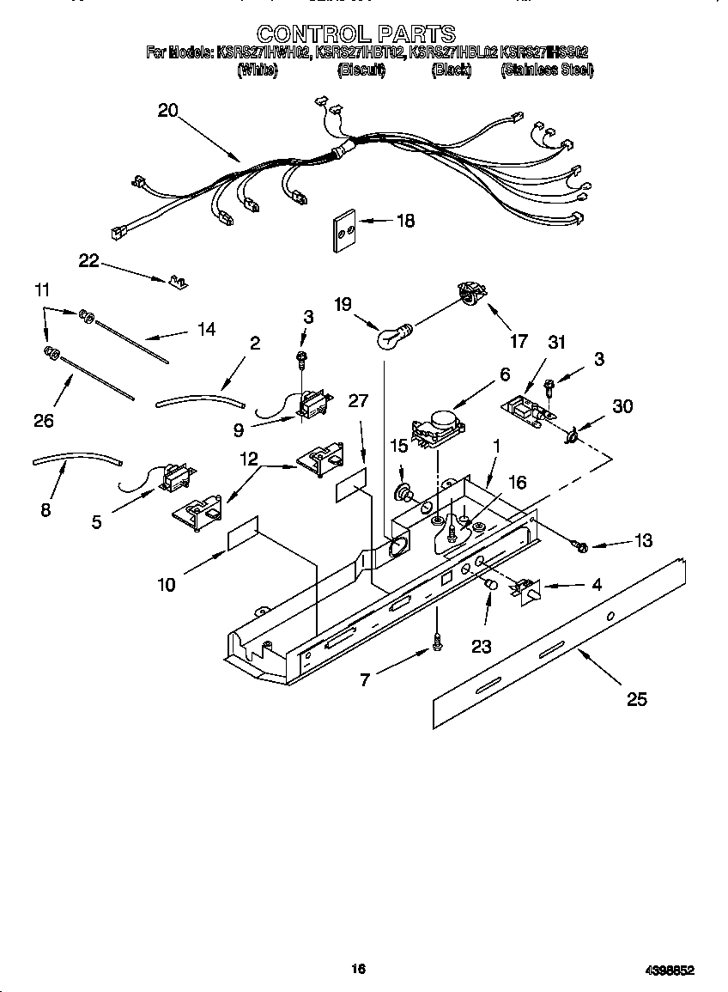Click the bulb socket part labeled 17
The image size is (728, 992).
[468, 294]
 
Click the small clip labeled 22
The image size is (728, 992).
[179, 281]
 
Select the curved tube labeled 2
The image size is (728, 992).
[200, 398]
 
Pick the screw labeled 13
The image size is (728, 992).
[579, 545]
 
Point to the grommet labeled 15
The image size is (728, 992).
[402, 494]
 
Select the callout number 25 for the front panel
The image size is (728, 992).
[636, 699]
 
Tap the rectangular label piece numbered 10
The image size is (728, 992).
[243, 533]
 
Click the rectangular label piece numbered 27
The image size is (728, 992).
[350, 485]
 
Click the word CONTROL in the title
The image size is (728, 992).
[308, 33]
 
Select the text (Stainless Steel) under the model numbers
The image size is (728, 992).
[547, 70]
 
